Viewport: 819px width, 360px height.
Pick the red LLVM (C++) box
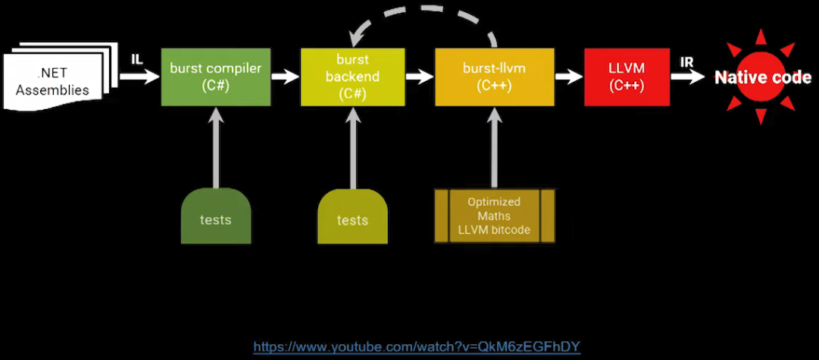[x=627, y=77]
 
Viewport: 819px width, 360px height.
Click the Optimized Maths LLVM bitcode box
[x=494, y=215]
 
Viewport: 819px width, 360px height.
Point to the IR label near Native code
[x=687, y=61]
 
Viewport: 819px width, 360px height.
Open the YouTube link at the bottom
[x=417, y=347]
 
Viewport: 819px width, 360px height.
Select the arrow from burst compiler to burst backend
[x=285, y=77]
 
